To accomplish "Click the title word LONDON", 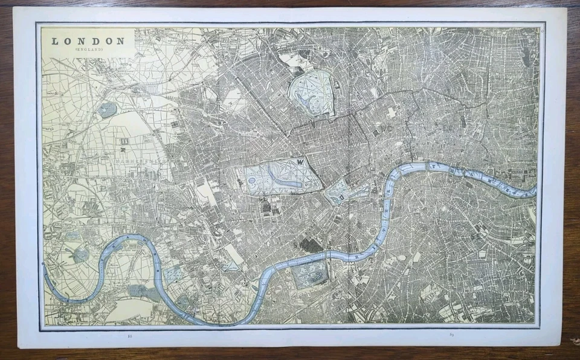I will coord(88,41).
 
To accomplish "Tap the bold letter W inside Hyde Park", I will coord(301,162).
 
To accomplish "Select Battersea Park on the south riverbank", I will coord(309,274).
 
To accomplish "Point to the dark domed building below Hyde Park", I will coord(266,206).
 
